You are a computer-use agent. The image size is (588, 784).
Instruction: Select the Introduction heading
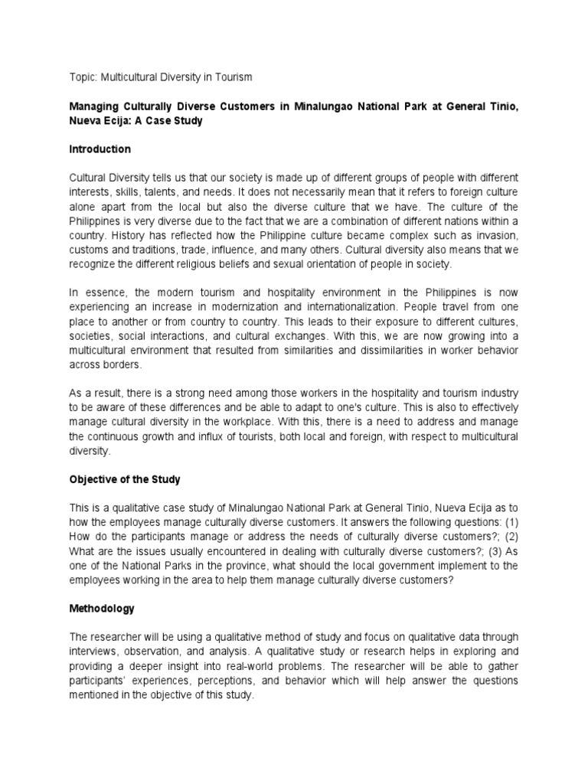(x=100, y=149)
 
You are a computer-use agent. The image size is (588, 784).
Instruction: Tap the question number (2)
(x=511, y=537)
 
